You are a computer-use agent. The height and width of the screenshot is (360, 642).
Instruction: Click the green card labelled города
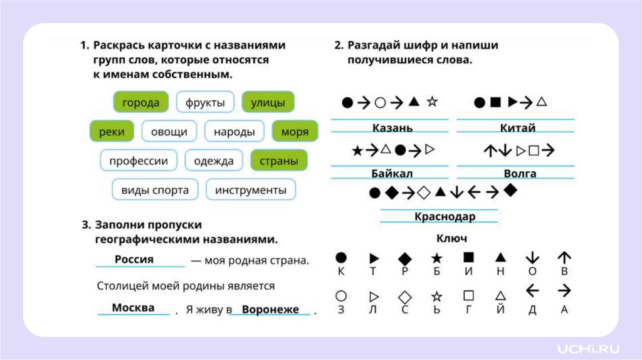140,103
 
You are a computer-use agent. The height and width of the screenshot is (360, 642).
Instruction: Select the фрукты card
205,103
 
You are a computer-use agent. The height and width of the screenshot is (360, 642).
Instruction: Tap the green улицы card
268,103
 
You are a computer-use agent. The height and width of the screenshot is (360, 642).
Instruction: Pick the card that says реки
112,132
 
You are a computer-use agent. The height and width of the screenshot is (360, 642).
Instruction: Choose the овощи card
169,132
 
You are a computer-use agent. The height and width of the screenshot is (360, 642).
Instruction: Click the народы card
234,132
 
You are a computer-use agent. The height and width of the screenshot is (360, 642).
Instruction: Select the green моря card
295,132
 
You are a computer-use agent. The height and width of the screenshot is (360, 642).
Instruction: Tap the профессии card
139,161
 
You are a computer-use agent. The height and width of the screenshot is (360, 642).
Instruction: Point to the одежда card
214,161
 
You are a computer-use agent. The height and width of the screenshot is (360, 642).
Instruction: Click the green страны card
278,161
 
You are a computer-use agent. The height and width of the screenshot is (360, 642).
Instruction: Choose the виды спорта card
155,189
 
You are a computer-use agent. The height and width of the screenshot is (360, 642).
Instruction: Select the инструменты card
251,189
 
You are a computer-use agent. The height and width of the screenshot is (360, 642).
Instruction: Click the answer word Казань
392,128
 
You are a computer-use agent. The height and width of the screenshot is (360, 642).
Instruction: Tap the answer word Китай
518,128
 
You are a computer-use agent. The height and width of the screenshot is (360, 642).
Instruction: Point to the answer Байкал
392,173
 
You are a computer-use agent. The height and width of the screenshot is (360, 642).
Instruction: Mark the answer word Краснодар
445,216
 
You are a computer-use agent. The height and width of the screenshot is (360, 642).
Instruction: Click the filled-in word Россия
134,259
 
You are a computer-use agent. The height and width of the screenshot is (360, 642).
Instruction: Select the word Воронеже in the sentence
270,310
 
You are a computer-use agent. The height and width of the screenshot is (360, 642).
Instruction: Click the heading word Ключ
451,238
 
